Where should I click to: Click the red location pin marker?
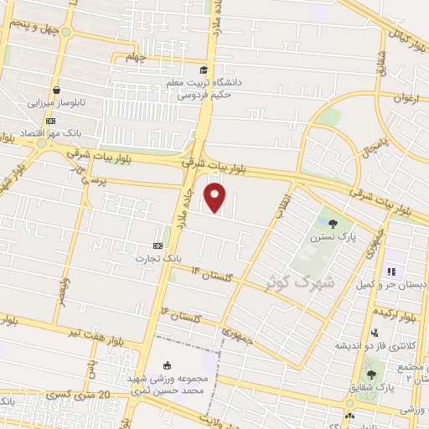pos(217,198)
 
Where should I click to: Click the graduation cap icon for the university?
pos(203,70)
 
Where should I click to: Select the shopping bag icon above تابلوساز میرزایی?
pos(56,90)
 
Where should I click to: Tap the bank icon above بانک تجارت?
pos(158,246)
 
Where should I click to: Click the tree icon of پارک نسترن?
pos(334,224)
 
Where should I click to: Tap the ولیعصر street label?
pos(63,294)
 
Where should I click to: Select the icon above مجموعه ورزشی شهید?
pos(167,364)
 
